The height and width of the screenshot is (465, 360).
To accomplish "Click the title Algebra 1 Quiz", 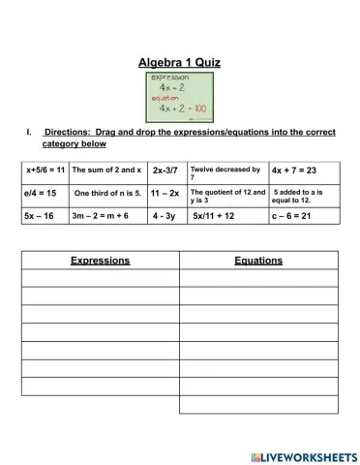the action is click(x=180, y=62).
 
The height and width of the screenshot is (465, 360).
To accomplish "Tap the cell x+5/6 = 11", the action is click(x=45, y=170).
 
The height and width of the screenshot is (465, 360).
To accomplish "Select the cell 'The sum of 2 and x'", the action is click(x=106, y=170).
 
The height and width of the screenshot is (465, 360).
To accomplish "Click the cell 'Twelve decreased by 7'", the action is click(x=225, y=173).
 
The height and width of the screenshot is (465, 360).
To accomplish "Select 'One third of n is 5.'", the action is click(x=107, y=194).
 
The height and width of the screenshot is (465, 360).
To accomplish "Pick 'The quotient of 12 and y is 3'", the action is click(x=227, y=196).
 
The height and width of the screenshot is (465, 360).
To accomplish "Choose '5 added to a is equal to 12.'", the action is click(x=298, y=196).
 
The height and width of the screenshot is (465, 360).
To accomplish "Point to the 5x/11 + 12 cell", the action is click(x=214, y=216).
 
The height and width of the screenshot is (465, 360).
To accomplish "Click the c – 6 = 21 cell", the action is click(x=291, y=216).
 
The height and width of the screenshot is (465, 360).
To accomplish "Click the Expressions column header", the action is click(x=100, y=261).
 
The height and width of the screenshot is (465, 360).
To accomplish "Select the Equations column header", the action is click(x=258, y=261).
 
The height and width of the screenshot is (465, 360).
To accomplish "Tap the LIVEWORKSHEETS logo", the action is click(x=303, y=455).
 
